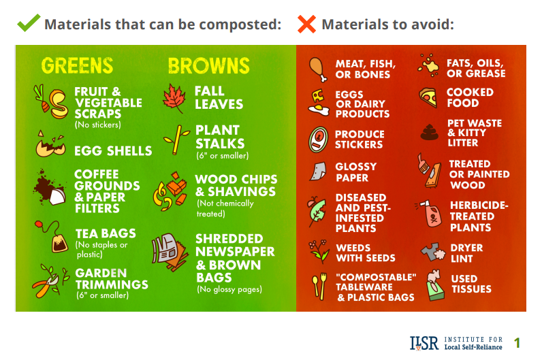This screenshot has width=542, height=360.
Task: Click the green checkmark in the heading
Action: [x=28, y=24]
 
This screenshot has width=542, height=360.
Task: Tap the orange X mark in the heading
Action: [x=307, y=24]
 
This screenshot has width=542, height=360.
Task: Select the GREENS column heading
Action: [x=77, y=66]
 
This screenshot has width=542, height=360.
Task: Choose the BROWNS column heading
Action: [x=208, y=66]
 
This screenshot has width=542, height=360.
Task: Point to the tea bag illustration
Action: [x=53, y=238]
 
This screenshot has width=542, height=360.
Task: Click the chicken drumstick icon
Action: [x=316, y=67]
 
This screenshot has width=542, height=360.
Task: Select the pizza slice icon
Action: [x=428, y=97]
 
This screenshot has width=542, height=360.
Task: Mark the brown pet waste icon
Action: [x=428, y=131]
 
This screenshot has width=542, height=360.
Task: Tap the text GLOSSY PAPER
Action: [x=355, y=172]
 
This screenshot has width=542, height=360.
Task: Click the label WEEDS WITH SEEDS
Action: [x=365, y=252]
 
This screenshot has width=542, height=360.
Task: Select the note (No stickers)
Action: [x=97, y=125]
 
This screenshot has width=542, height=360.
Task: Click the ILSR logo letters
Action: [x=424, y=342]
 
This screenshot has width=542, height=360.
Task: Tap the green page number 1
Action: [x=517, y=342]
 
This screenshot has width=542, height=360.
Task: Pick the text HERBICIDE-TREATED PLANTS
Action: [x=479, y=216]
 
